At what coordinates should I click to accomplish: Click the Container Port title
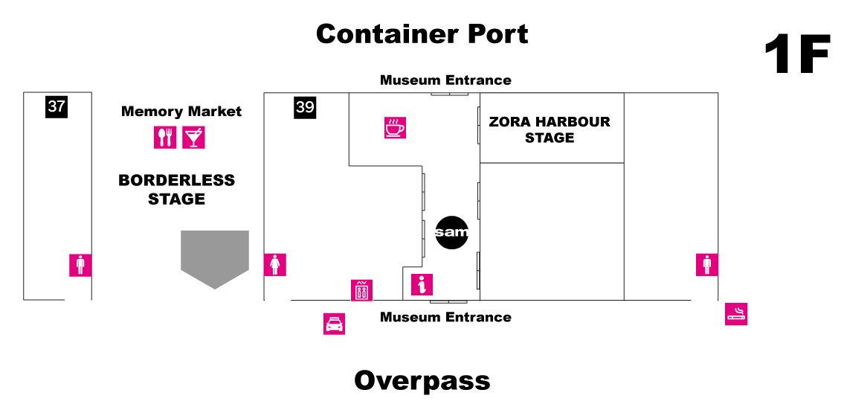point(422,34)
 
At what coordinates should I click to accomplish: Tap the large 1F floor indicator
point(797,54)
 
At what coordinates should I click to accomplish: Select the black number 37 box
point(57,106)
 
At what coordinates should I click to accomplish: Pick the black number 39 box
point(305,107)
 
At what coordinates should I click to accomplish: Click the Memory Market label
point(181,112)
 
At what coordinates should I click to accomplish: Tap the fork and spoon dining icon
point(165,138)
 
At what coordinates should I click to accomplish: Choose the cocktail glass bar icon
point(193,138)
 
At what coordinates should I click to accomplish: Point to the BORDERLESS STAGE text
point(176,190)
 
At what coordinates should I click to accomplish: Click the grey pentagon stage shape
point(215,260)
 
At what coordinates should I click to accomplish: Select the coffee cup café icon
point(395,127)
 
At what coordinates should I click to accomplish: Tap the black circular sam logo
point(451,233)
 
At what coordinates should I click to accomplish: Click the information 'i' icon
point(422,284)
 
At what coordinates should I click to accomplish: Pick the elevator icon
point(361,290)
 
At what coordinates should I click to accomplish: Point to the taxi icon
point(335,324)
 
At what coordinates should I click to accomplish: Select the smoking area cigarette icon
point(736,314)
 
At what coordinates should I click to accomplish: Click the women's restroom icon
point(275,265)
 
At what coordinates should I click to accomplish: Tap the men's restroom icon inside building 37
point(80,265)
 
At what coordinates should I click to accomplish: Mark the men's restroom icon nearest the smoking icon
point(706,265)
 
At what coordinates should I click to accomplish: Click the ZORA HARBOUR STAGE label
point(550,129)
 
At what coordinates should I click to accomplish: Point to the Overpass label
point(422,380)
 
